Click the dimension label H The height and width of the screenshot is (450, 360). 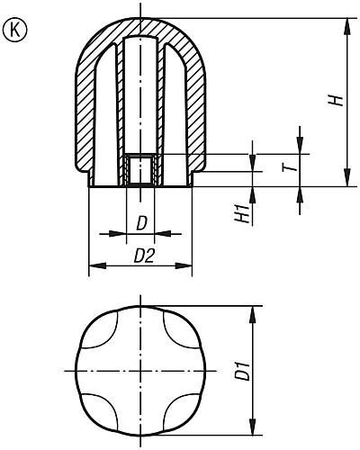335,102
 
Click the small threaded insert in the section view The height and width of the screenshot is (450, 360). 139,169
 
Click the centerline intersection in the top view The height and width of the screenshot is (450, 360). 140,370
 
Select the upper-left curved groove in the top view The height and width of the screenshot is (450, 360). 103,334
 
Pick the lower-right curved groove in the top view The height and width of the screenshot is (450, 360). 177,407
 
